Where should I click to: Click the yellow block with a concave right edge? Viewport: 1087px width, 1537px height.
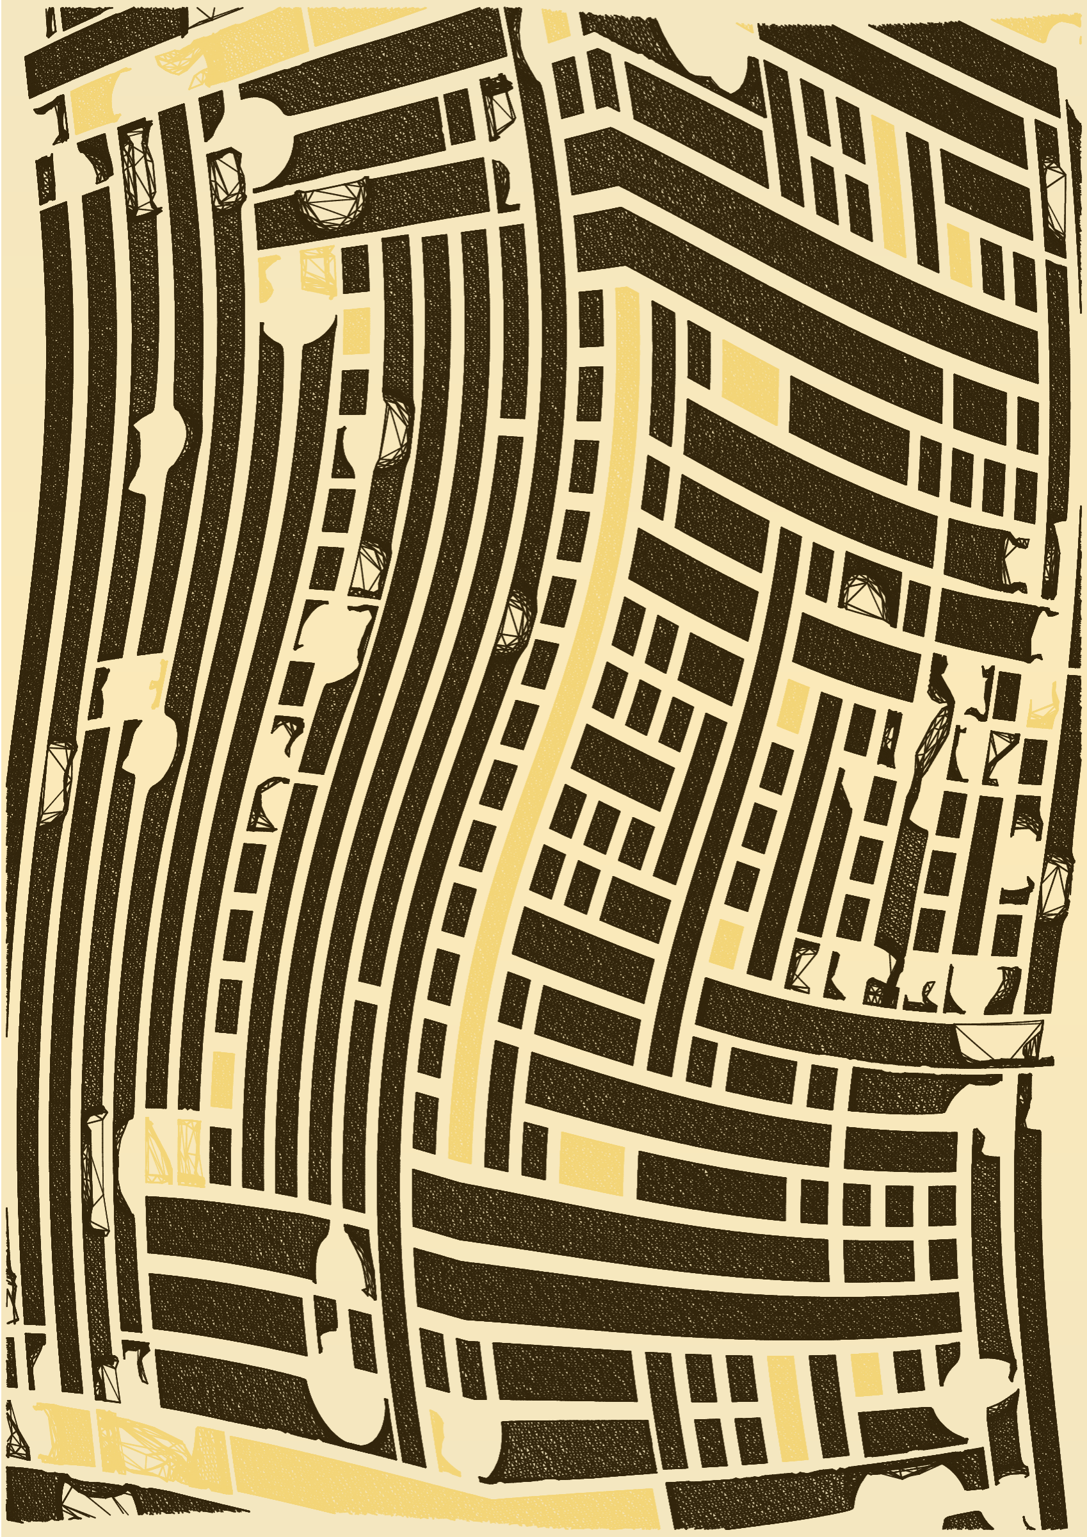pyautogui.click(x=93, y=101)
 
